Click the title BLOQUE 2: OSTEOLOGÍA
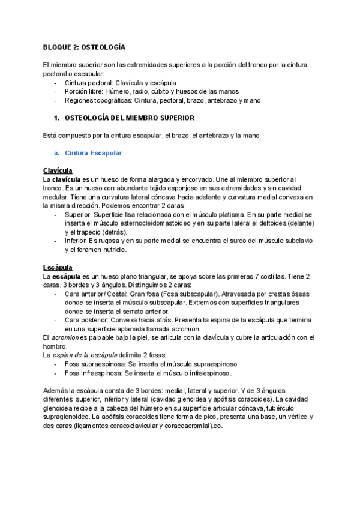(x=84, y=46)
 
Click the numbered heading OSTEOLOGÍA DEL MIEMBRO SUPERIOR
(x=129, y=118)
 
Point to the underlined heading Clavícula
(x=58, y=170)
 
